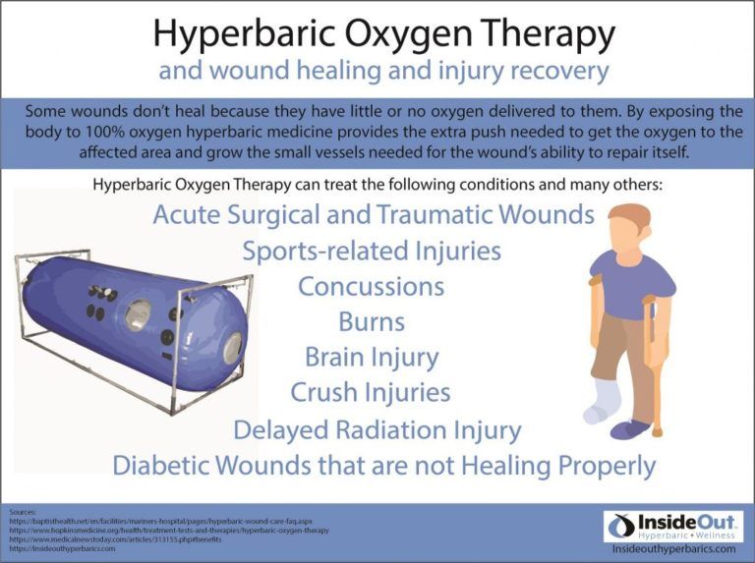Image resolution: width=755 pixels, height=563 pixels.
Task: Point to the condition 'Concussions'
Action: coord(371,287)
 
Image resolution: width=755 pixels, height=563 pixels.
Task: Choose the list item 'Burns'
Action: coord(371,321)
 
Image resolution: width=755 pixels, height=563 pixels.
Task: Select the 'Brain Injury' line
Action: coord(371,357)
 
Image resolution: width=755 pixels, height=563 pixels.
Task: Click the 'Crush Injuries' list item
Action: coord(371,393)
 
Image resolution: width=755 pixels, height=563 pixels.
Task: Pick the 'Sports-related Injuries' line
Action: coord(371,251)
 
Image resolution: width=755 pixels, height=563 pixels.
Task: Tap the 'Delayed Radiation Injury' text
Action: coord(377,429)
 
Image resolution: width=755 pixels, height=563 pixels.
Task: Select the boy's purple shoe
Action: coord(629,430)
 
